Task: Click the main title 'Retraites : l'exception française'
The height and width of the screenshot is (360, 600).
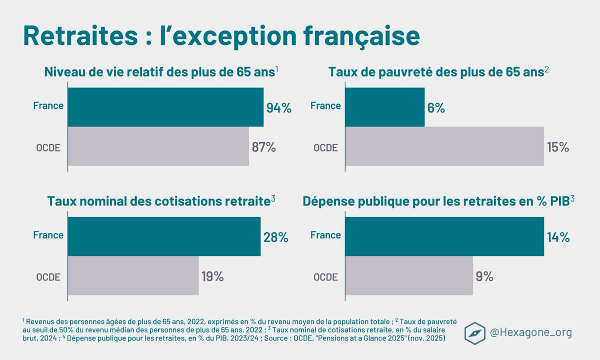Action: coord(221,36)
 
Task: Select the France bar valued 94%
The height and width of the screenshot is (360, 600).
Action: coord(165,107)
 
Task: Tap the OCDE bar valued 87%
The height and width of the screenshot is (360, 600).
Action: coord(158,146)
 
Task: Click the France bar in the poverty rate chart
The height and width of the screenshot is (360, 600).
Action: coord(384,107)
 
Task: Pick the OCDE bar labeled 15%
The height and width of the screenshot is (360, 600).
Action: coord(444,146)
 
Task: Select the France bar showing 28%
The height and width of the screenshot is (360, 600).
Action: coord(164,236)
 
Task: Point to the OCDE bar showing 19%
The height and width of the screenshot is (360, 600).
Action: coord(133,275)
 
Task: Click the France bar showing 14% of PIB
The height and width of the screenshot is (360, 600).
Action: coord(444,236)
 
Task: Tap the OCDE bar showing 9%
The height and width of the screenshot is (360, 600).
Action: coord(408,275)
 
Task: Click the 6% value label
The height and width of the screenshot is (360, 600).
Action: coord(436,108)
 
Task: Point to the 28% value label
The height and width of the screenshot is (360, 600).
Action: coord(276,237)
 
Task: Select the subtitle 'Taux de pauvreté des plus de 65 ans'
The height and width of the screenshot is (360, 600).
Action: coord(436,72)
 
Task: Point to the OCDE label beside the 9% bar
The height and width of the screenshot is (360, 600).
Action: coord(325,276)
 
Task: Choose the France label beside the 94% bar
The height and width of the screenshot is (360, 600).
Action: coord(48,106)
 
